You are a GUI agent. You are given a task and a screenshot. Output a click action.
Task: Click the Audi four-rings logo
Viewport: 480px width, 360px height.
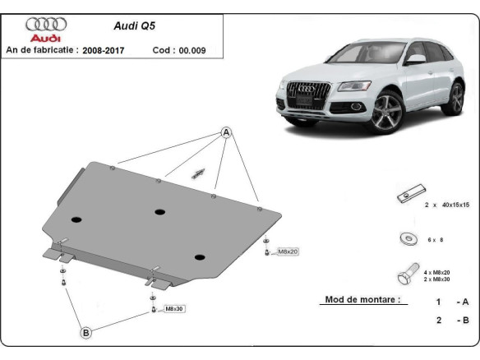click(46, 24)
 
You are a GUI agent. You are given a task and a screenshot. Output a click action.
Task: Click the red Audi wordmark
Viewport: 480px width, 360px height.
click(46, 38)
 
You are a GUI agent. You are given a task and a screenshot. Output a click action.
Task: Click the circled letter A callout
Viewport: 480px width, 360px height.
click(225, 132)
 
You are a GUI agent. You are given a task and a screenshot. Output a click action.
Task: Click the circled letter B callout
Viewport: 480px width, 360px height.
click(85, 332)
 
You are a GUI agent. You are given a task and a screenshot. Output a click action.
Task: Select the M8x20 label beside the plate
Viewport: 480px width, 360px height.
click(288, 251)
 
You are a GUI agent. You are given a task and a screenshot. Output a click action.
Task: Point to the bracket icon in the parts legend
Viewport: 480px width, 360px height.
click(405, 196)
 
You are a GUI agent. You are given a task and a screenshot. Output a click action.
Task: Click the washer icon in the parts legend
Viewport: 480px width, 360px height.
click(405, 238)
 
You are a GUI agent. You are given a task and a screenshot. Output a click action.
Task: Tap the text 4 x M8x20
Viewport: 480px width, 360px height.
click(437, 270)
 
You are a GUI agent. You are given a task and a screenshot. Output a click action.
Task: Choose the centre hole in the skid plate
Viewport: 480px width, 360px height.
click(159, 211)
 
